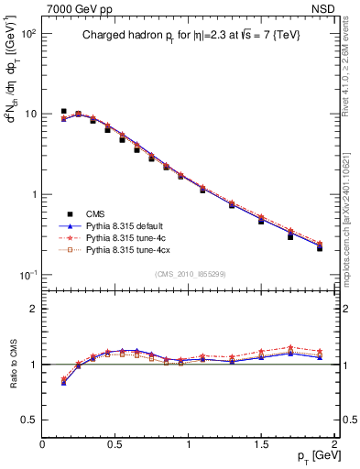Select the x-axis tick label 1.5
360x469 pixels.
click(x=262, y=444)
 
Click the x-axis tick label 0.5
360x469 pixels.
click(x=115, y=444)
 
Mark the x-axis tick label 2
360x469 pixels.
click(x=335, y=444)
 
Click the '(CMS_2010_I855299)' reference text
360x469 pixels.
click(x=189, y=273)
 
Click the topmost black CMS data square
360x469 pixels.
click(x=63, y=111)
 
